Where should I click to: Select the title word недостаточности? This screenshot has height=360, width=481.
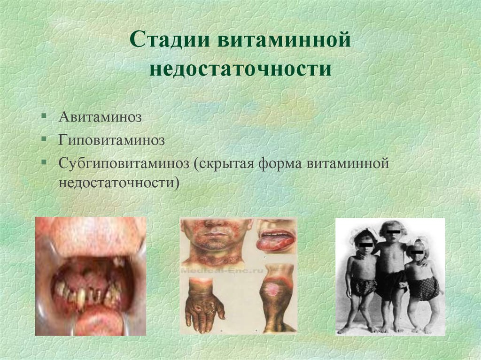[x=241, y=69]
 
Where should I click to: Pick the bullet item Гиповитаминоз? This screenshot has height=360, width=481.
[x=111, y=140]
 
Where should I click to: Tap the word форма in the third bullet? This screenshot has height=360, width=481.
[x=283, y=164]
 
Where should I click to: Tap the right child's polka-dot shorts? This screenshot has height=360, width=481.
[x=424, y=288]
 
